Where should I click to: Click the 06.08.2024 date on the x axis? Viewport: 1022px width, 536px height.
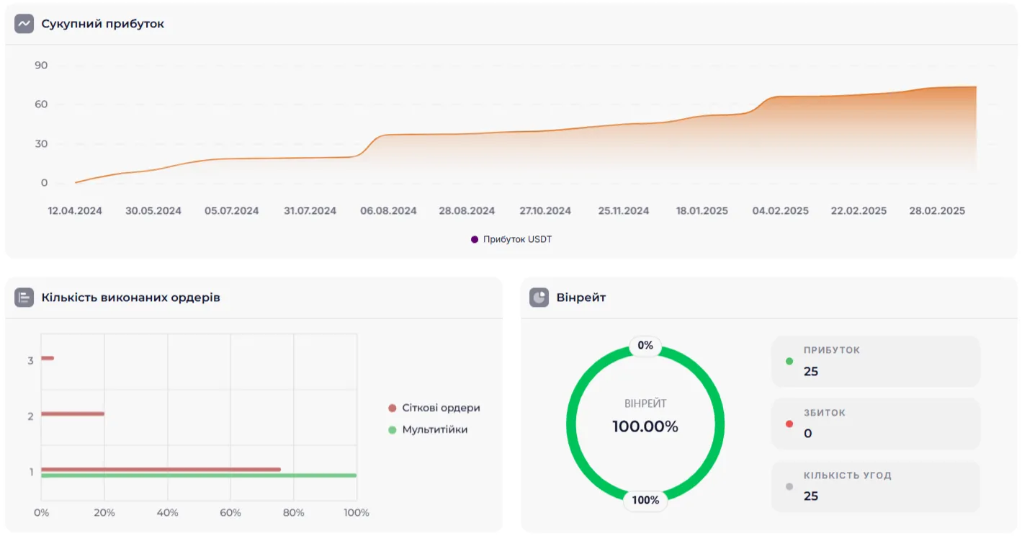[388, 211]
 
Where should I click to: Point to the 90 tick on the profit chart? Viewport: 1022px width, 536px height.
[41, 66]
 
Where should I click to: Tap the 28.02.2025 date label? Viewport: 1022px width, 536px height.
[936, 211]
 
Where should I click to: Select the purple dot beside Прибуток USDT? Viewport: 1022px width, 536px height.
[475, 239]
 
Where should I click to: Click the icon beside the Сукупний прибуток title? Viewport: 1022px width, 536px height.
[24, 24]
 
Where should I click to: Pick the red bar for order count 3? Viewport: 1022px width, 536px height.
[48, 358]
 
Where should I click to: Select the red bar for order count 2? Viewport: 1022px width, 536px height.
[73, 414]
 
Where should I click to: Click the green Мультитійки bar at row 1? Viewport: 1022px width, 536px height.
[199, 475]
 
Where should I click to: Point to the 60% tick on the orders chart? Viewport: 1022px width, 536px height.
[230, 513]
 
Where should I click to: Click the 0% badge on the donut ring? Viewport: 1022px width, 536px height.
[645, 346]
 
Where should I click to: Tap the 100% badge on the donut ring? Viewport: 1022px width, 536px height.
[645, 500]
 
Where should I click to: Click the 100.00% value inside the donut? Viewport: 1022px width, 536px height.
[645, 426]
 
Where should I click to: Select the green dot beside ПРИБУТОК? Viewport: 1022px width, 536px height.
[789, 362]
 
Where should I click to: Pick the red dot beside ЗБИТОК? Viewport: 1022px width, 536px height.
[789, 424]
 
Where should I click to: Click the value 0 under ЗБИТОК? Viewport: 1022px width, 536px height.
[808, 434]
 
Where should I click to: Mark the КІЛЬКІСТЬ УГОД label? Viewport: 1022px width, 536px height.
[848, 475]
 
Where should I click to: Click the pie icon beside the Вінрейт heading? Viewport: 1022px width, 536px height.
[539, 298]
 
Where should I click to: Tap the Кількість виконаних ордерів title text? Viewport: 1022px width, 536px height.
[130, 298]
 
